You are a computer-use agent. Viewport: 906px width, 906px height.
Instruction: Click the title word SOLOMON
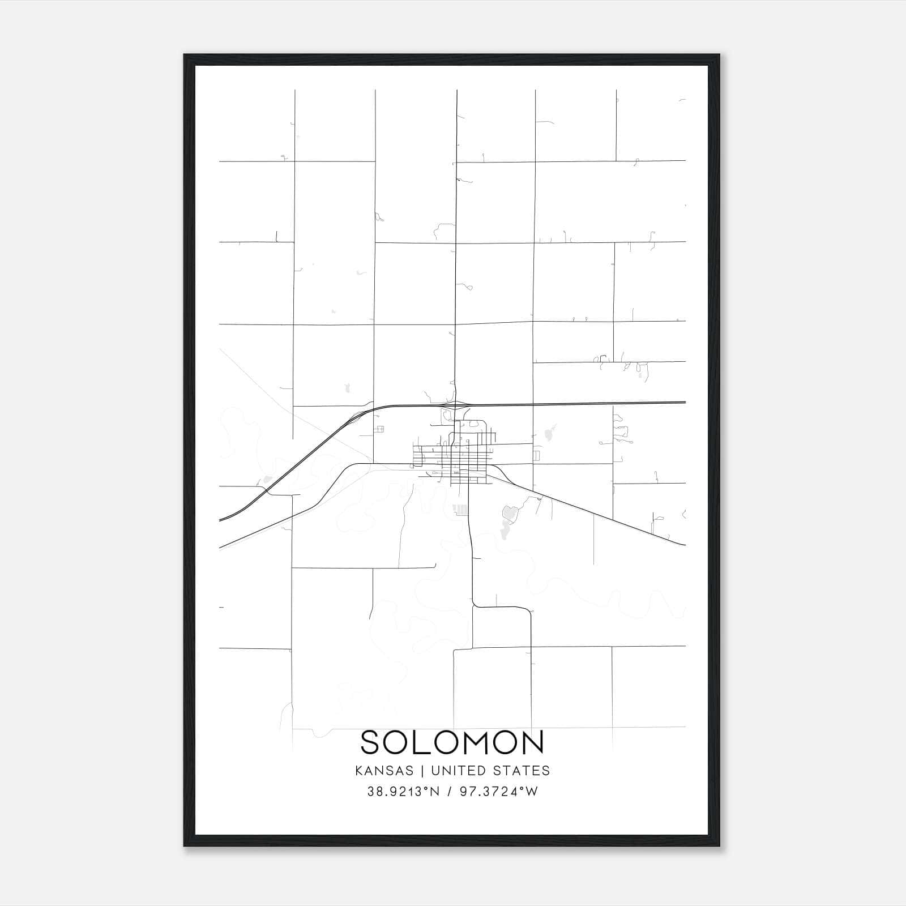coord(452,742)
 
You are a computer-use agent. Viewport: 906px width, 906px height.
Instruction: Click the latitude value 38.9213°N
coord(403,792)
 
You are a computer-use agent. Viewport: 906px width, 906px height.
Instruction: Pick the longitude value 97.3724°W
coord(498,792)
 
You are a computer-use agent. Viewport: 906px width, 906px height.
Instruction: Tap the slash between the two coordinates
coord(450,792)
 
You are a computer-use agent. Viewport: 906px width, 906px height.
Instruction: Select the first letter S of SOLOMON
coord(373,742)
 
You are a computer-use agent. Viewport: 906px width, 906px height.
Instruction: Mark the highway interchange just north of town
coord(456,405)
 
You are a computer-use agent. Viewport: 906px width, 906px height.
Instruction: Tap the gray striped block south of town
coord(461,510)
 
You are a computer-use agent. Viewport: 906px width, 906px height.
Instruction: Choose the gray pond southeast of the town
coord(509,514)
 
